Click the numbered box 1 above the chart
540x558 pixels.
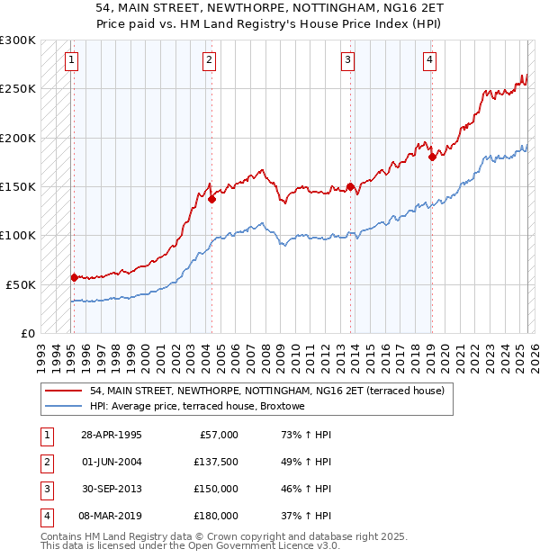(71, 60)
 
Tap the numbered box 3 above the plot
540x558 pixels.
(347, 60)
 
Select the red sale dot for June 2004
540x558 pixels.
(211, 199)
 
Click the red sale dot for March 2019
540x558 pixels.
(432, 157)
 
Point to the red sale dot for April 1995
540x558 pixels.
(75, 278)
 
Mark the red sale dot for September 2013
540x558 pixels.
(350, 187)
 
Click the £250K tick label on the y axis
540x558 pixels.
(18, 89)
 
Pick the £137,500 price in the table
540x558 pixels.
(216, 462)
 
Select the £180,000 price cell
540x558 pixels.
(216, 516)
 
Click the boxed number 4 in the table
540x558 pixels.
(46, 516)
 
